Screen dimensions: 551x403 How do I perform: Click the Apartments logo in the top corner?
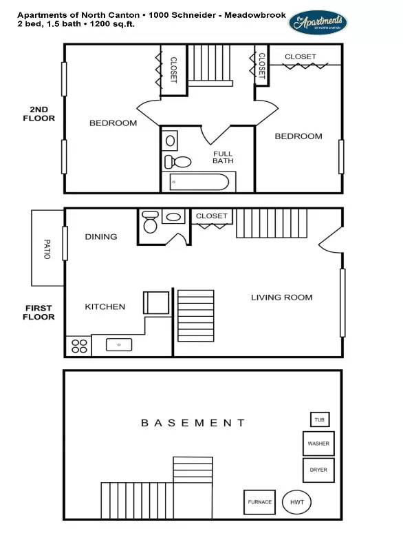click(318, 23)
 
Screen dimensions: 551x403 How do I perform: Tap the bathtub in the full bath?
click(199, 183)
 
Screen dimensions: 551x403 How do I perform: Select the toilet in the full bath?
click(179, 163)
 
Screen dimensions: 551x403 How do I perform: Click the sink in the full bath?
click(171, 141)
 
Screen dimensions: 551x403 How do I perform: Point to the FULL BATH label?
click(222, 157)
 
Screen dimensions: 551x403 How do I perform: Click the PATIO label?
click(47, 248)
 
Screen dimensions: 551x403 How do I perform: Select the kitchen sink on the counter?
click(119, 344)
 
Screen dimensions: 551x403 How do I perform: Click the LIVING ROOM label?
click(281, 298)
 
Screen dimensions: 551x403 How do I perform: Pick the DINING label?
click(101, 236)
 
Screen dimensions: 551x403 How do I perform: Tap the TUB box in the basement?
click(319, 419)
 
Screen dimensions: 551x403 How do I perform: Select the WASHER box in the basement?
click(318, 444)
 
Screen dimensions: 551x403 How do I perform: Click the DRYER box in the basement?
click(318, 470)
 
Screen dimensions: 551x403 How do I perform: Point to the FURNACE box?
click(260, 502)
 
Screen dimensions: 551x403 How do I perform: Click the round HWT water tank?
click(297, 502)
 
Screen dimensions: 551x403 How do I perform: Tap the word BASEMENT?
click(193, 423)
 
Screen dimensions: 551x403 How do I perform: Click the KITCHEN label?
click(105, 306)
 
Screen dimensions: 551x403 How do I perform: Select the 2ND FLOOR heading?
click(42, 114)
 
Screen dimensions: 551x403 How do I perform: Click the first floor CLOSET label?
click(211, 216)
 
